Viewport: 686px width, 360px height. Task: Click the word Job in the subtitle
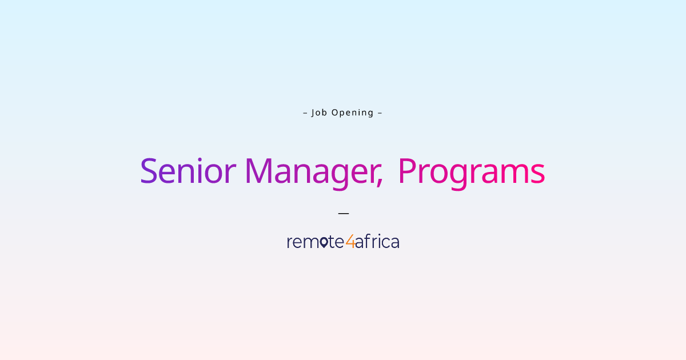point(319,113)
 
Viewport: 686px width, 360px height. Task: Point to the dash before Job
point(305,113)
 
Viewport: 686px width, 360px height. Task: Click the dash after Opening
point(380,113)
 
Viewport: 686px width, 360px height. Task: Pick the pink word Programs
point(471,171)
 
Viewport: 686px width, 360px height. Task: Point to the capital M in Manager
point(260,171)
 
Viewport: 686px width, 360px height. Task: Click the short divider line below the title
point(343,213)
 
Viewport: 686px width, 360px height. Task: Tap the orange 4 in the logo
point(350,242)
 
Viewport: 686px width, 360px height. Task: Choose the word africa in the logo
point(377,242)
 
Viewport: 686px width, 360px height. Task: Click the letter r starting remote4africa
point(290,243)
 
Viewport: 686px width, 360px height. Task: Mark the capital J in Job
point(314,113)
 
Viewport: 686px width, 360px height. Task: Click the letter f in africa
point(367,241)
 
